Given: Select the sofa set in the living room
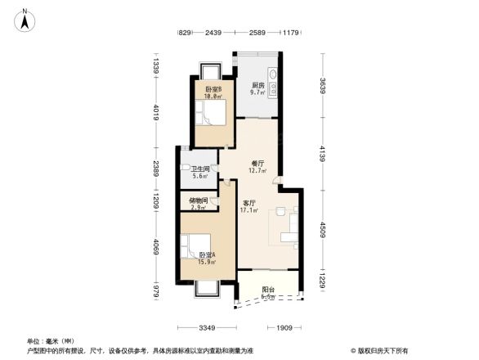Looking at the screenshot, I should pyautogui.click(x=287, y=225).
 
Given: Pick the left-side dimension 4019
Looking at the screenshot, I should pyautogui.click(x=154, y=111).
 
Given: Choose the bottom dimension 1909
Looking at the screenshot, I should pyautogui.click(x=285, y=328).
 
